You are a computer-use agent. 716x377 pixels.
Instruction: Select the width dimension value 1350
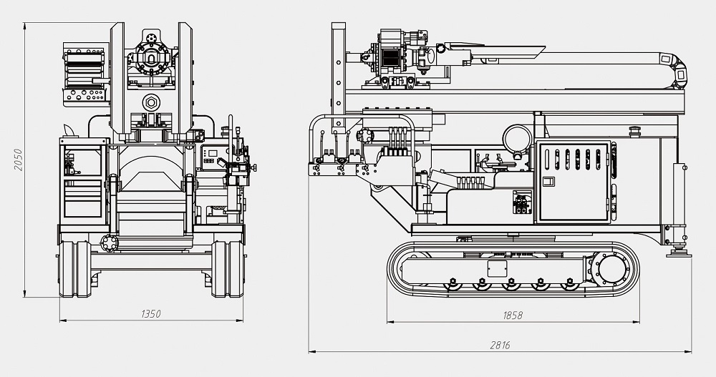(151, 313)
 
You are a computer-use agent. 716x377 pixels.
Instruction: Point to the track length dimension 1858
(513, 315)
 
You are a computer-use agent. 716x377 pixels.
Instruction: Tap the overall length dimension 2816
(500, 345)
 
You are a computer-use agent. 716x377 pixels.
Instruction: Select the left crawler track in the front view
(74, 268)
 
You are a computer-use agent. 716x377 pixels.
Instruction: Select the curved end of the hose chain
(676, 69)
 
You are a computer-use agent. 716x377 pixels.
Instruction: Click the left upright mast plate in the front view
(119, 79)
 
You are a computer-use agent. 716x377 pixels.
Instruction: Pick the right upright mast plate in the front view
(185, 79)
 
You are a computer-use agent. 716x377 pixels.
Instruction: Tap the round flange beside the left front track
(108, 243)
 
